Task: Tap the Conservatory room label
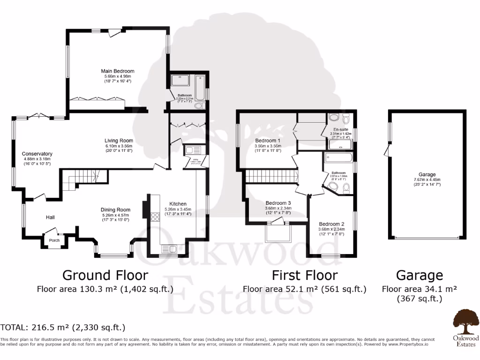click(37, 154)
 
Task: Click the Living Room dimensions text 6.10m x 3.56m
click(119, 146)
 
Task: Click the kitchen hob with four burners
click(154, 217)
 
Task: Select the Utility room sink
click(192, 150)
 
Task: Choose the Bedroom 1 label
click(268, 141)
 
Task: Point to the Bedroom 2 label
click(331, 224)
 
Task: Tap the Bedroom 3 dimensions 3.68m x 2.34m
click(278, 208)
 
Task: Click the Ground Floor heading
click(105, 275)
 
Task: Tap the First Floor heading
click(304, 275)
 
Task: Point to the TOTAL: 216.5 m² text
click(63, 327)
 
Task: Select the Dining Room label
click(115, 210)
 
